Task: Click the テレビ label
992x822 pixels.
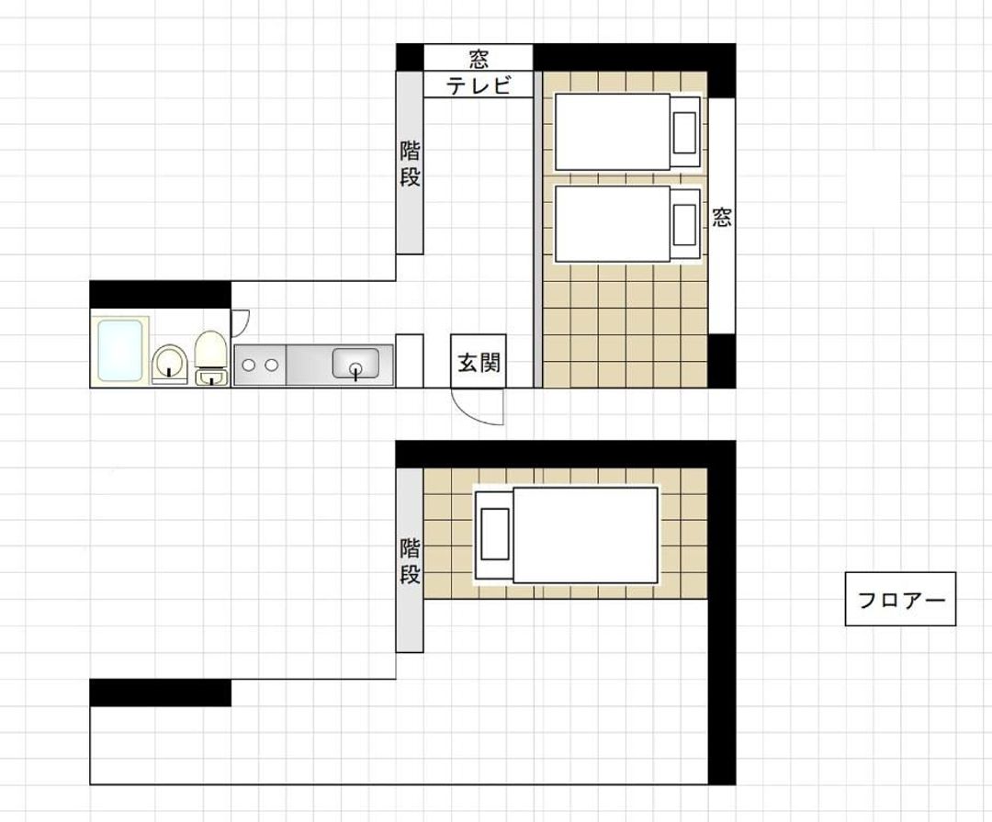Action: click(x=479, y=84)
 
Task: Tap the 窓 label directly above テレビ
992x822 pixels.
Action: click(x=479, y=60)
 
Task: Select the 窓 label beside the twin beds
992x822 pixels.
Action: click(x=721, y=217)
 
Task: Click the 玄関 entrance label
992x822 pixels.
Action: click(x=479, y=363)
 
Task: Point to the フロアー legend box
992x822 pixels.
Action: click(x=900, y=599)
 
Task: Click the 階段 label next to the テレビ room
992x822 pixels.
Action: click(x=410, y=163)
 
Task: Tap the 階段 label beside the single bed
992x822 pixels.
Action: click(x=410, y=561)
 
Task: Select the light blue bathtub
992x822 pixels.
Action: click(x=119, y=351)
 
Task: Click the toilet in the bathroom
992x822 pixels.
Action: click(x=210, y=357)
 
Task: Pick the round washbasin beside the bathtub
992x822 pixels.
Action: click(x=170, y=363)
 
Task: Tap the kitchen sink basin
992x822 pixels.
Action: click(x=355, y=363)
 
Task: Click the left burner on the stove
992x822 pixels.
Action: click(x=250, y=366)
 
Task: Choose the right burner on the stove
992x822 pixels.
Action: click(x=271, y=366)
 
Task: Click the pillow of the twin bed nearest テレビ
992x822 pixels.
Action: click(x=684, y=132)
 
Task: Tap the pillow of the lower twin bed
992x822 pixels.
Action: click(x=684, y=225)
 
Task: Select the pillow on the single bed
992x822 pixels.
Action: click(x=495, y=535)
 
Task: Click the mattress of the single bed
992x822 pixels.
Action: click(x=585, y=535)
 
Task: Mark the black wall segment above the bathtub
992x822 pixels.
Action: click(x=160, y=294)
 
